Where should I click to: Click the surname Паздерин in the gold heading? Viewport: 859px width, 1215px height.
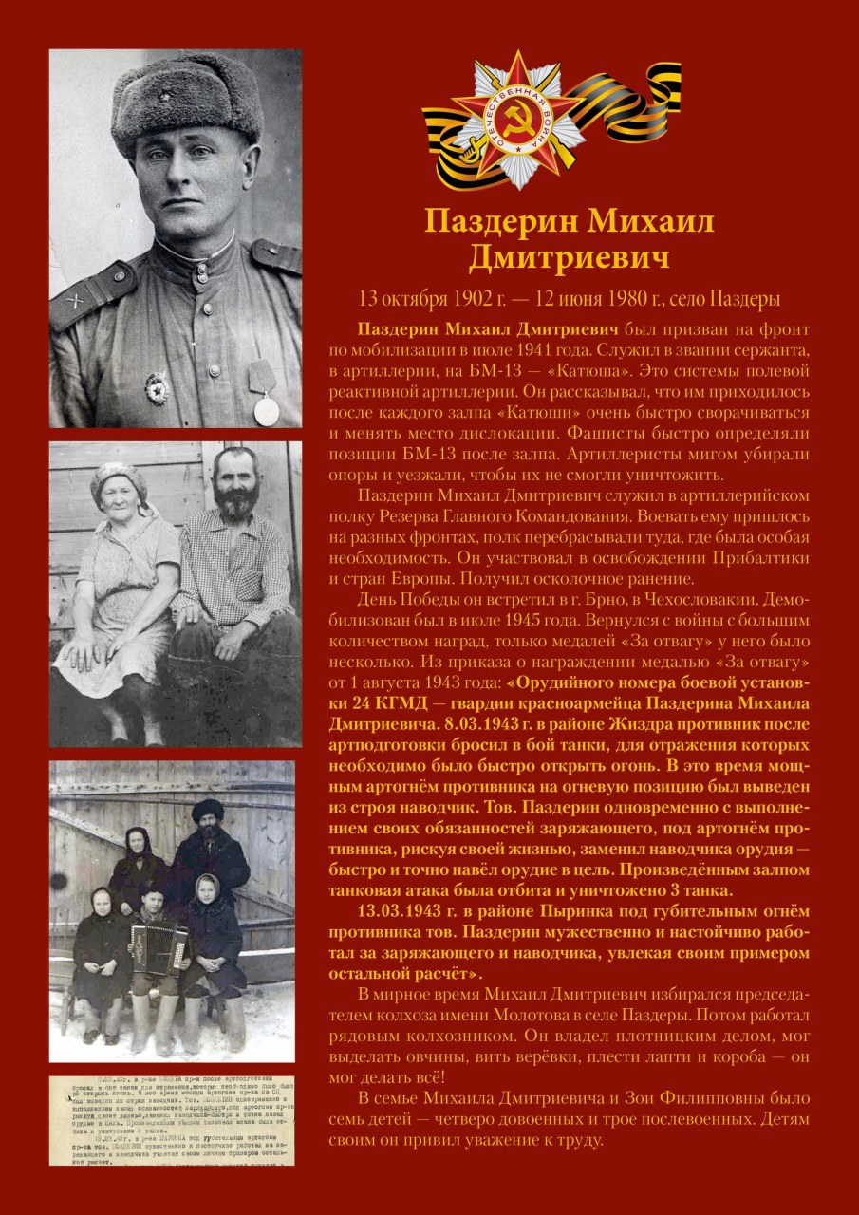[x=498, y=222]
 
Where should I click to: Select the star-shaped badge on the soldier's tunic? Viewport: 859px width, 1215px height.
[x=156, y=387]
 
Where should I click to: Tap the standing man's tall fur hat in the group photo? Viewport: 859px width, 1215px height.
[x=208, y=811]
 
